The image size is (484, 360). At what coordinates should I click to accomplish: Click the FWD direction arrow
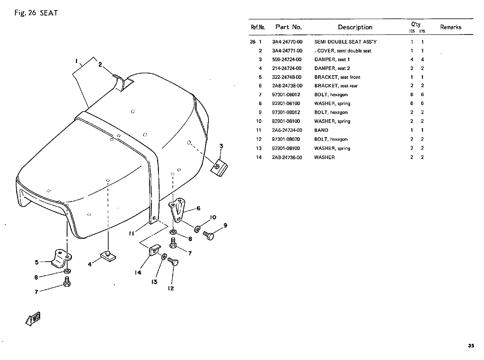tap(33, 319)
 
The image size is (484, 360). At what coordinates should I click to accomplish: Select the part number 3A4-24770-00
tap(287, 42)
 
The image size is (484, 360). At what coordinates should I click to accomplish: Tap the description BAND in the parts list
tap(321, 130)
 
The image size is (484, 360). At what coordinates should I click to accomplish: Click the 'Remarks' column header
tap(451, 27)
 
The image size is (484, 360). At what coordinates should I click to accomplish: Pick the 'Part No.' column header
tap(288, 27)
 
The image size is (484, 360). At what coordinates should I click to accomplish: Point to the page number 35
tap(471, 346)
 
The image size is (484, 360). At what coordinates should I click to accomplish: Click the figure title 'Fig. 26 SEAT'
tap(36, 13)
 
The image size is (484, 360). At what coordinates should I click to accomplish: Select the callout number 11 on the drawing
tap(131, 234)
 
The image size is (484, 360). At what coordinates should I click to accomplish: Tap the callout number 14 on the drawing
tap(138, 272)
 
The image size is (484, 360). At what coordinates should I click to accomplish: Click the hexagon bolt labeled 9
tap(208, 236)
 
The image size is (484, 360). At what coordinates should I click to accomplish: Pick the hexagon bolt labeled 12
tap(173, 261)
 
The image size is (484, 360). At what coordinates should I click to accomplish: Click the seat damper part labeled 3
tap(219, 168)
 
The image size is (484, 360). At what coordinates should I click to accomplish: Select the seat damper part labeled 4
tap(108, 256)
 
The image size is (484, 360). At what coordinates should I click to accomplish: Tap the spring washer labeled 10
tap(197, 229)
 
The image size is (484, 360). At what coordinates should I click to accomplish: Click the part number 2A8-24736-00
tap(287, 157)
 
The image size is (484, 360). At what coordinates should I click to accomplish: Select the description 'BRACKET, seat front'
tap(337, 77)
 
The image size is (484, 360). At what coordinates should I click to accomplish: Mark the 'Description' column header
tap(355, 27)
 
